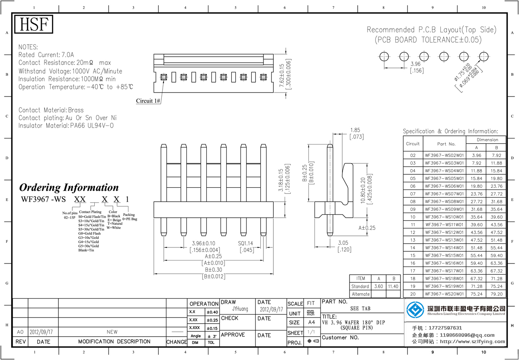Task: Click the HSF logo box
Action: point(34,25)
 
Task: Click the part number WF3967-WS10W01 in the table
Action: point(444,217)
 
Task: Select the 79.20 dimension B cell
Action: point(497,294)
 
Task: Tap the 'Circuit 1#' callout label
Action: point(148,101)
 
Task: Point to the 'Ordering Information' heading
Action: point(69,187)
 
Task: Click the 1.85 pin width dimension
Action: point(355,130)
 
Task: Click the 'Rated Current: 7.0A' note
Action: point(46,55)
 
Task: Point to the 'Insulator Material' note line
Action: point(66,125)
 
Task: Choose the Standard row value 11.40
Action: point(393,286)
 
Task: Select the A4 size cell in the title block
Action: point(311,322)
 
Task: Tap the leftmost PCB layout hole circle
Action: point(384,56)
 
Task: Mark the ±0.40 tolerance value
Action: point(212,312)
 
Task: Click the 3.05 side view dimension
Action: point(343,243)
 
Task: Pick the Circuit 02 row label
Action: point(413,155)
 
